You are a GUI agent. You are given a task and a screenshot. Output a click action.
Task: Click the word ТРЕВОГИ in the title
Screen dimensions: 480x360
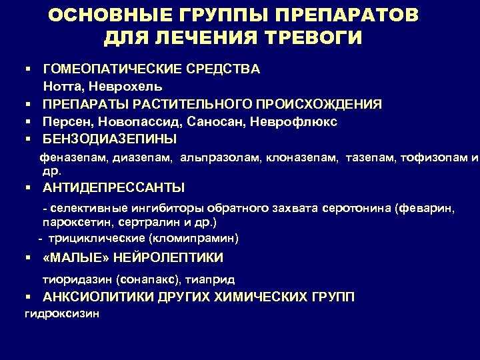[313, 37]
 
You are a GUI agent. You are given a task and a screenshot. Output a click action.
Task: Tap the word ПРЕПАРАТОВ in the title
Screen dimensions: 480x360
[347, 15]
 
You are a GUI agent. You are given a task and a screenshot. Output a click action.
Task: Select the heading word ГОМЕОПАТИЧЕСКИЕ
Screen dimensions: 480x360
[112, 69]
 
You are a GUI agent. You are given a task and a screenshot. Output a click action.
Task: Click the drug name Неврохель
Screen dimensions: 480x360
[125, 87]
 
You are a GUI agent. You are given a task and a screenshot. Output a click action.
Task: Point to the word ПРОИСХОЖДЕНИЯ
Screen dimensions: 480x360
[319, 105]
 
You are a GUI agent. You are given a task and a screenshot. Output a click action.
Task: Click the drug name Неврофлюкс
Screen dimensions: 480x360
[293, 122]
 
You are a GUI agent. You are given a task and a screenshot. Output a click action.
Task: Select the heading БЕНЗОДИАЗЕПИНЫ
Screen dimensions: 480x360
[109, 139]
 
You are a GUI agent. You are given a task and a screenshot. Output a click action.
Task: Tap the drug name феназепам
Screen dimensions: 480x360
[73, 157]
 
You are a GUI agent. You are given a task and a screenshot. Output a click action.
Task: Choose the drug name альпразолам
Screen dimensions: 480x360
[221, 157]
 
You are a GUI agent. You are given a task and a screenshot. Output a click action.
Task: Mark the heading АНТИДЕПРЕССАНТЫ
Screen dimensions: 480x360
[113, 187]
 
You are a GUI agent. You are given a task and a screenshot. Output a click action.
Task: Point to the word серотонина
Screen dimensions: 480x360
[357, 208]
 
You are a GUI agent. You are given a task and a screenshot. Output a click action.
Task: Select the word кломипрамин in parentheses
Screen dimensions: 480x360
[193, 239]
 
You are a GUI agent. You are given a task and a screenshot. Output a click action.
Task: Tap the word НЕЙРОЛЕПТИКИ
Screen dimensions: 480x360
[169, 257]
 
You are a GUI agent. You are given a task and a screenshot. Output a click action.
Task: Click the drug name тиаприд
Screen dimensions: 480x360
[210, 280]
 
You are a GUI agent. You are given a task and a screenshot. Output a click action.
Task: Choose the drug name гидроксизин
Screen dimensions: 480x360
[62, 314]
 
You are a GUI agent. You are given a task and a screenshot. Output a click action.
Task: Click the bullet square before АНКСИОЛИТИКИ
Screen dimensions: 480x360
[29, 297]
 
